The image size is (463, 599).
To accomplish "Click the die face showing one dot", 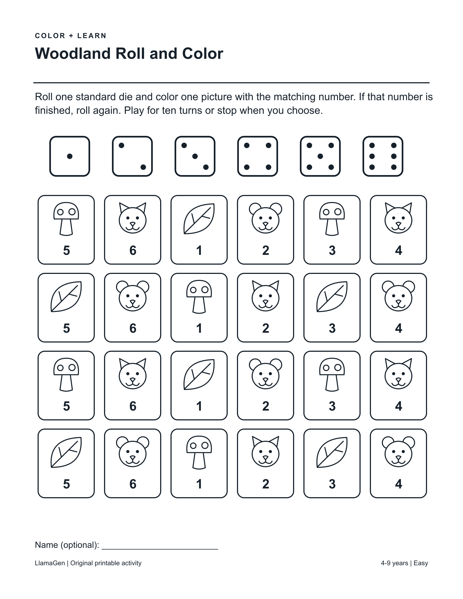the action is click(x=70, y=156).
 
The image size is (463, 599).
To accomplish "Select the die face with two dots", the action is click(x=132, y=156).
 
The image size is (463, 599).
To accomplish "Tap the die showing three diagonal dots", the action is click(x=195, y=156).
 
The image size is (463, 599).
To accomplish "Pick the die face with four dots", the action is click(x=258, y=156).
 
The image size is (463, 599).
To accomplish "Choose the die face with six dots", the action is click(x=383, y=156).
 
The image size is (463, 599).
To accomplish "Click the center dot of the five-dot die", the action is click(x=320, y=156).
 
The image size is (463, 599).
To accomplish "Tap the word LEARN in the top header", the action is click(x=92, y=36).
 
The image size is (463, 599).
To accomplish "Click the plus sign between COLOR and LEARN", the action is click(x=71, y=36).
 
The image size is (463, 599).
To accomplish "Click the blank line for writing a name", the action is click(x=160, y=549).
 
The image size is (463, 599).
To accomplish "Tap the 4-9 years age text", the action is click(x=394, y=563).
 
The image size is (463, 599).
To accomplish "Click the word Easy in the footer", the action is click(x=421, y=563).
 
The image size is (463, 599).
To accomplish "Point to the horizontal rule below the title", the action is click(x=231, y=82).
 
